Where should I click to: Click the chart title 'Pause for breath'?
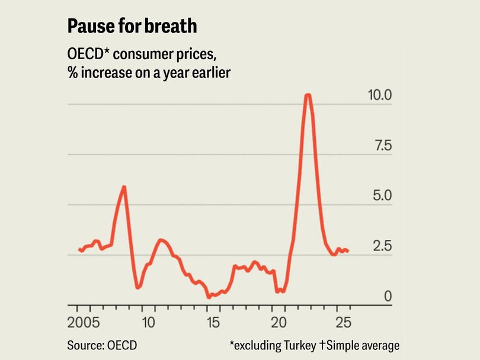(x=132, y=26)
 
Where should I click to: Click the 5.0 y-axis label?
(x=380, y=195)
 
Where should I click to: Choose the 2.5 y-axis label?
(x=380, y=246)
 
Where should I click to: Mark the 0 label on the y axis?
(x=388, y=296)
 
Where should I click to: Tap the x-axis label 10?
(x=149, y=323)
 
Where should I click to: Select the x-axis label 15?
(x=214, y=323)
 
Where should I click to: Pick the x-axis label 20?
(x=279, y=323)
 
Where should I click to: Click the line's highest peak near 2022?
(x=308, y=95)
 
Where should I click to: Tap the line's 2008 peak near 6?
(x=124, y=187)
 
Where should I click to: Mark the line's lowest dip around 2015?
(x=209, y=296)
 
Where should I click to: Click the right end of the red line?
(x=347, y=251)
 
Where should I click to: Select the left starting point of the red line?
(x=79, y=249)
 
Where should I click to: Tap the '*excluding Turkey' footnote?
(x=267, y=345)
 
